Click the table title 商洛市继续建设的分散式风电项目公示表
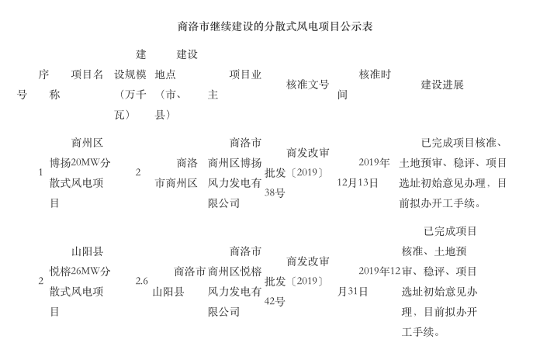(x=275, y=26)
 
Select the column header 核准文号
(x=307, y=85)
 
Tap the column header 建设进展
(x=441, y=85)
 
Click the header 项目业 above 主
(x=245, y=74)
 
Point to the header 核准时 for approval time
(x=375, y=74)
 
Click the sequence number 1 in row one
(x=40, y=172)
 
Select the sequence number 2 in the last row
(x=40, y=281)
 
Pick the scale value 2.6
(x=141, y=281)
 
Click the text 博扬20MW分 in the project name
(x=80, y=163)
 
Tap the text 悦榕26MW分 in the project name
(x=80, y=272)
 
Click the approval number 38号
(x=275, y=192)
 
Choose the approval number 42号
(x=275, y=302)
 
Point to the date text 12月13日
(x=358, y=183)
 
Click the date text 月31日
(x=352, y=292)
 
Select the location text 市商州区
(x=176, y=183)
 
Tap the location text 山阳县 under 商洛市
(x=168, y=292)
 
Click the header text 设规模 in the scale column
(x=130, y=74)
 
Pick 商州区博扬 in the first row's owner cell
(x=234, y=163)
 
